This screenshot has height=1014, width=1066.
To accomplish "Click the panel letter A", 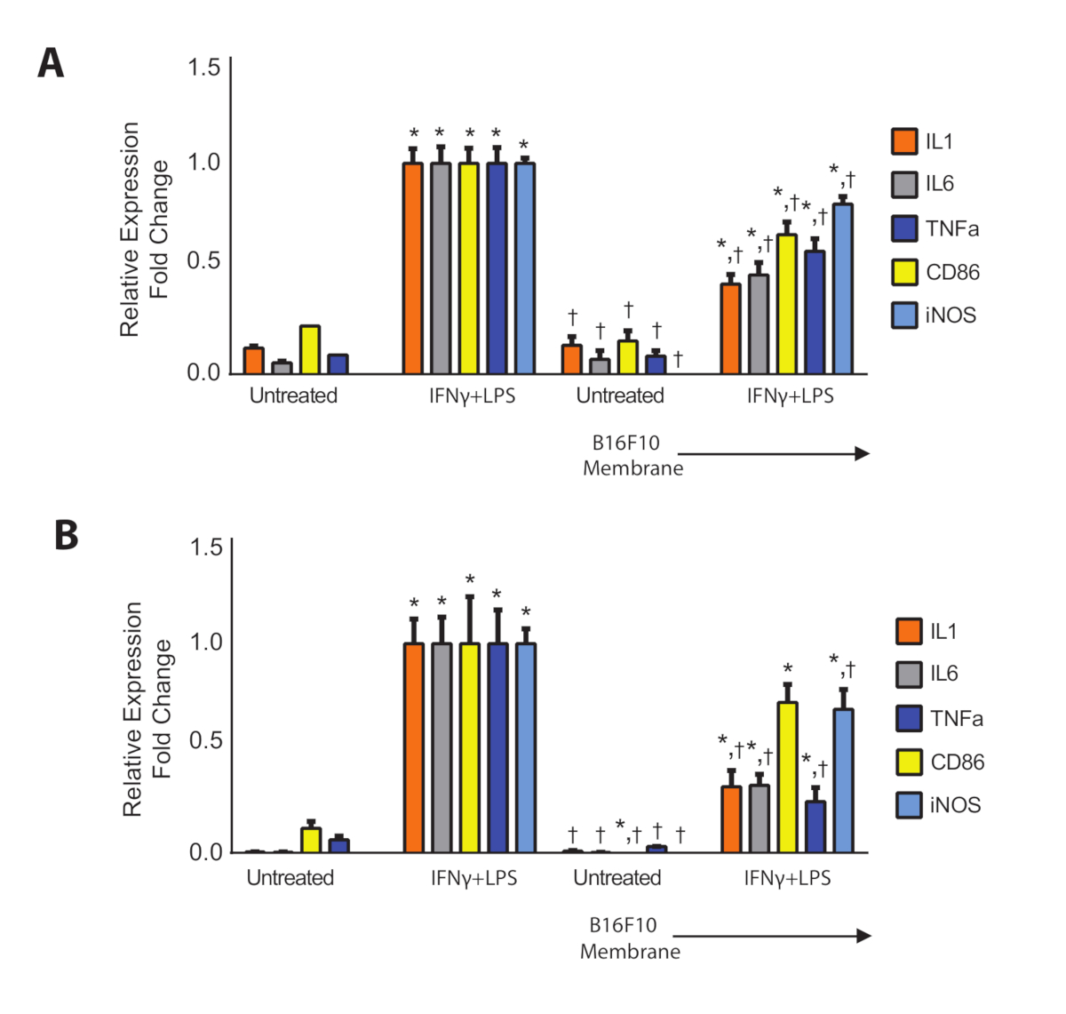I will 51,64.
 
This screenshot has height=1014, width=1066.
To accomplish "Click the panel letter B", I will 67,536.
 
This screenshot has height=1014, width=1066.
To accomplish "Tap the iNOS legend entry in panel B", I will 940,805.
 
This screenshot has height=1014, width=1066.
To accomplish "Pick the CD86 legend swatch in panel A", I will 904,272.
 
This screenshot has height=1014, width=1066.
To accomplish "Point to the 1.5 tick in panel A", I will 203,68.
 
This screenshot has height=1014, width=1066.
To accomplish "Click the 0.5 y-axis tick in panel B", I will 206,740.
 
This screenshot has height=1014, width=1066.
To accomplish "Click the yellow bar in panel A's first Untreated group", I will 310,349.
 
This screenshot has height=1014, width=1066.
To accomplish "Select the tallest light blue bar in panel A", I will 525,267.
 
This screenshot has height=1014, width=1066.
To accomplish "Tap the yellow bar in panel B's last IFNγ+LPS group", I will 787,777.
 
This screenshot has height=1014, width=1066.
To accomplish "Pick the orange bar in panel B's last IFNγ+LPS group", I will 731,818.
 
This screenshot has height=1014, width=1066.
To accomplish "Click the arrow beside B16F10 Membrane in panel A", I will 773,454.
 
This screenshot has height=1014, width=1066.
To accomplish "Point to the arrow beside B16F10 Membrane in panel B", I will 773,936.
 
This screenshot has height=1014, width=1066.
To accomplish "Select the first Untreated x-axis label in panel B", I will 290,878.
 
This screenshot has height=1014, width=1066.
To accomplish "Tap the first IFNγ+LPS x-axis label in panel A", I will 472,395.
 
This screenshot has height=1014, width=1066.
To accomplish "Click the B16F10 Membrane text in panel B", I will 630,938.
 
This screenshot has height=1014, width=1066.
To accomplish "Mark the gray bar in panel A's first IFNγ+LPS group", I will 441,267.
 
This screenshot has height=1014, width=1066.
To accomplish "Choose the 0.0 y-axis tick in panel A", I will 203,372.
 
